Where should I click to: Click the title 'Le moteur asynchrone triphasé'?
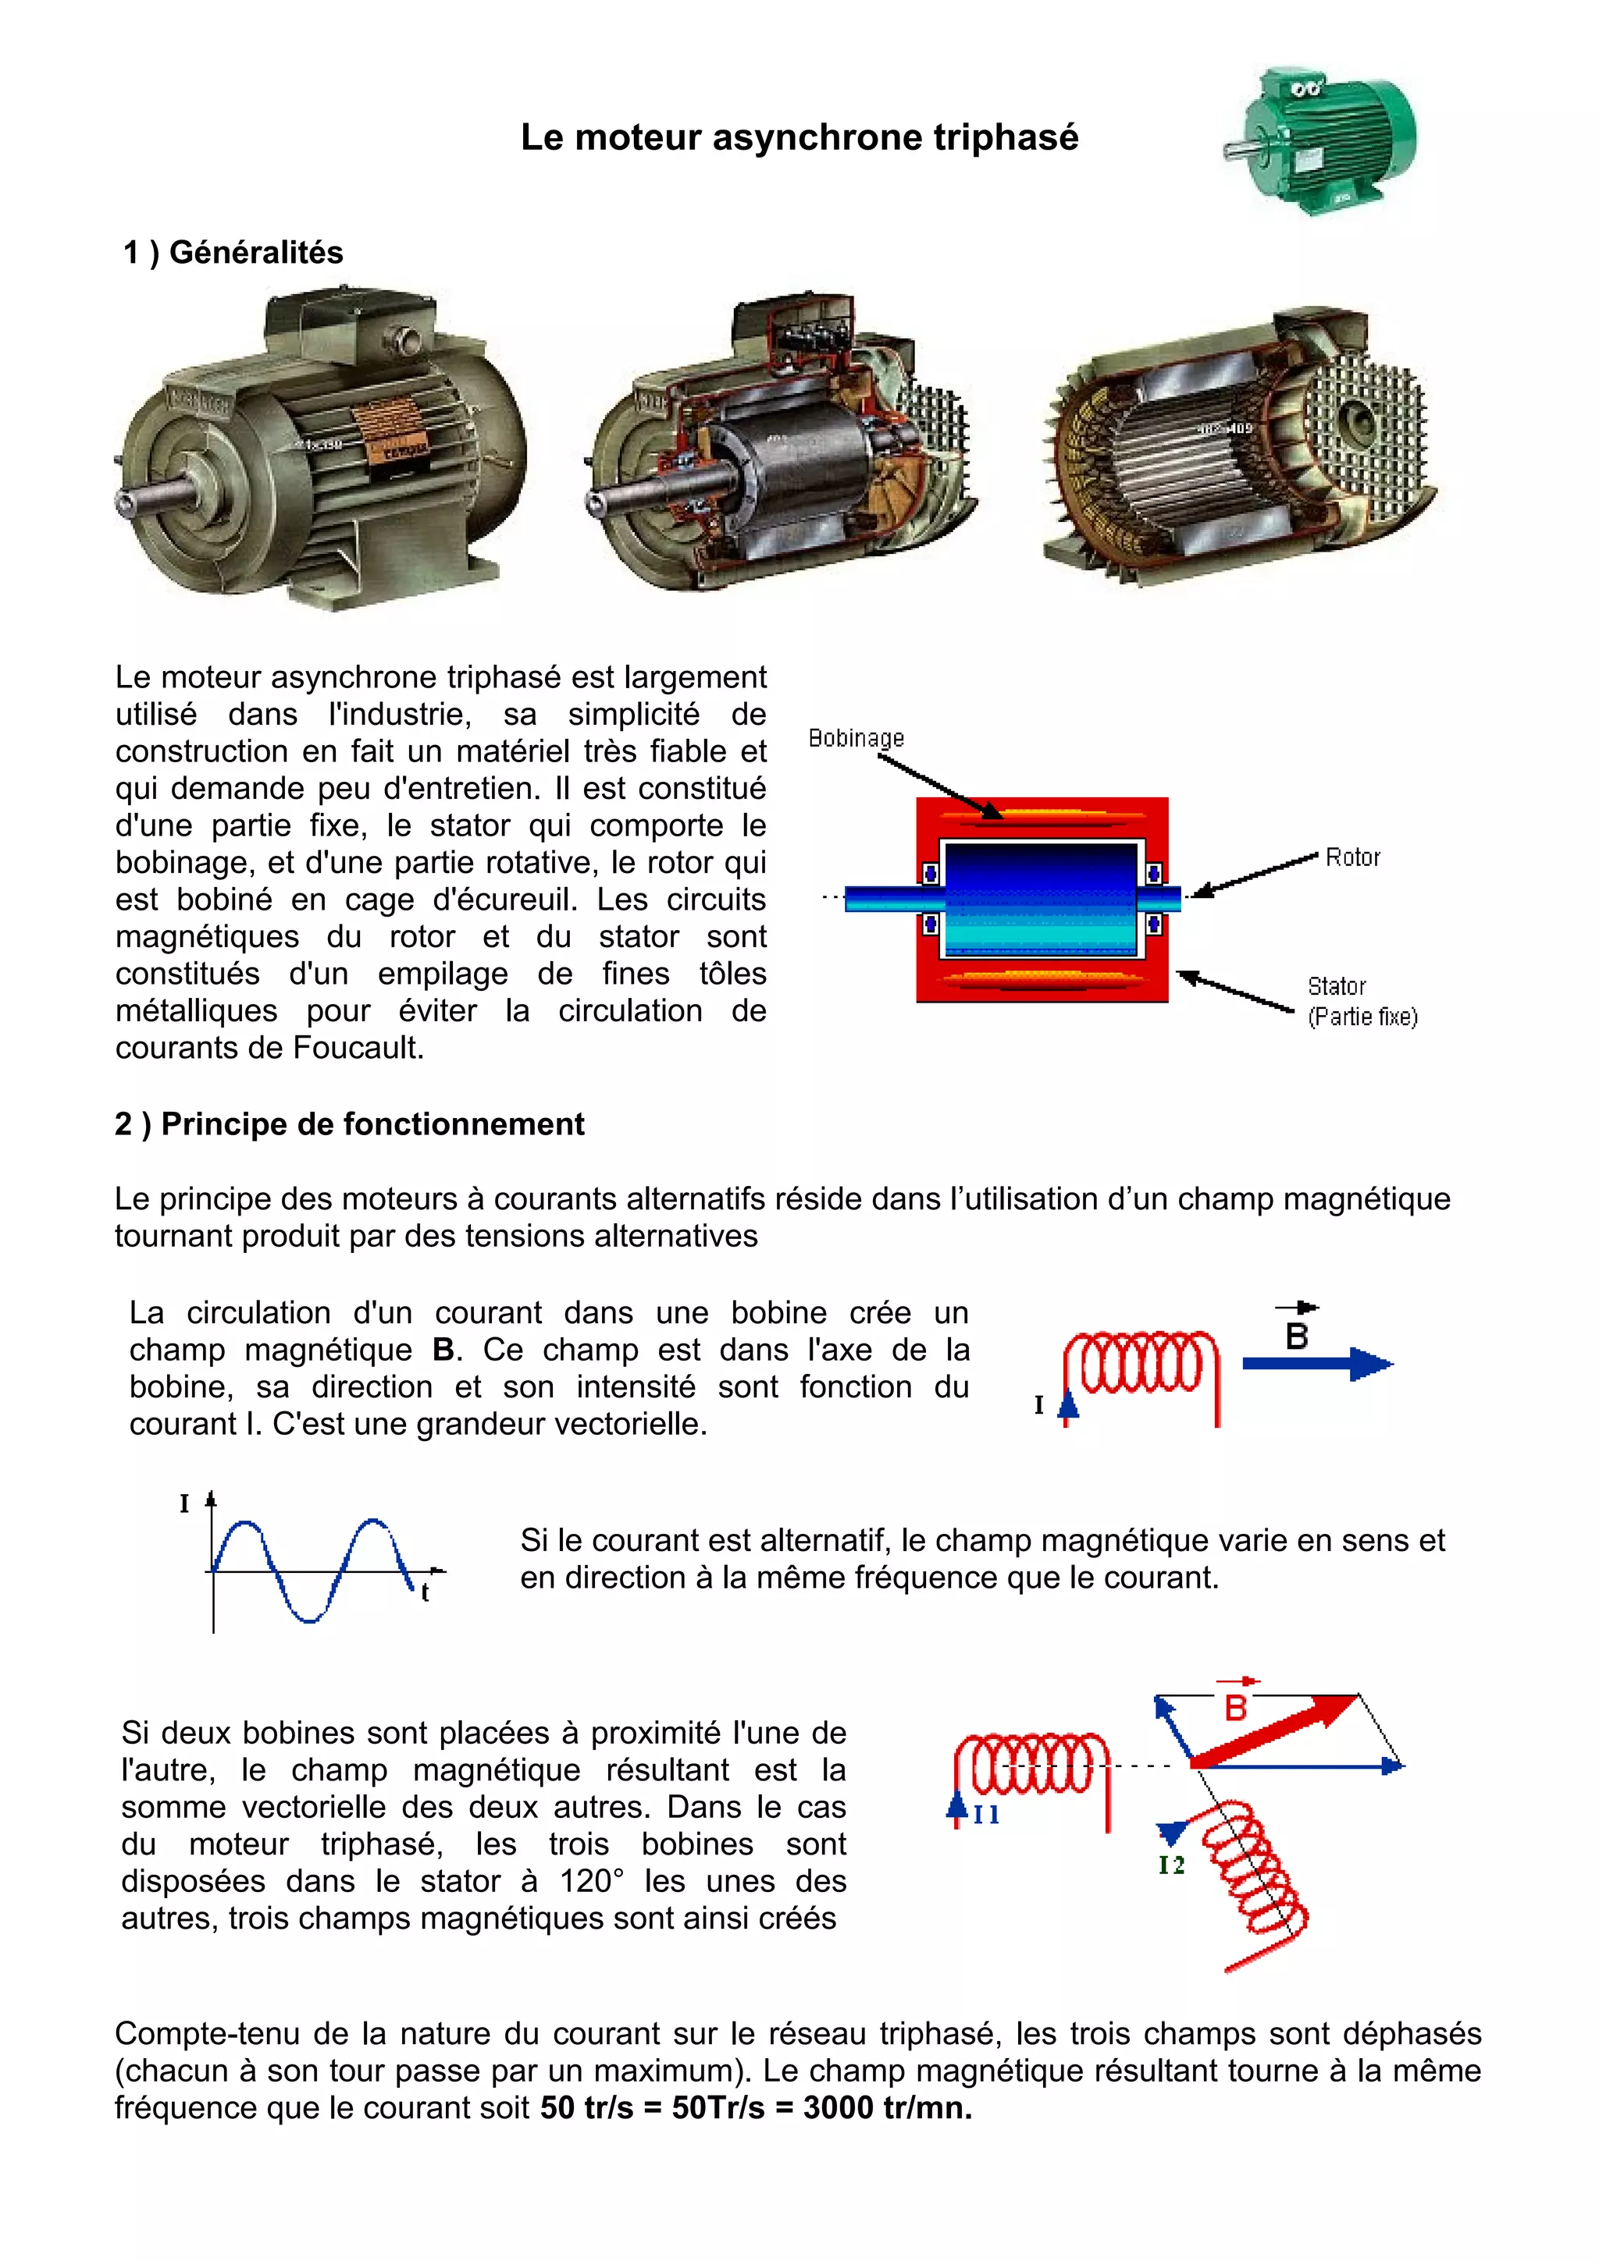pos(799,138)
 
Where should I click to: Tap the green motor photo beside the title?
pos(1320,139)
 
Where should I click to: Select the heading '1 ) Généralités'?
pos(233,253)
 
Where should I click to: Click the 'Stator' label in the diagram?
pos(1336,985)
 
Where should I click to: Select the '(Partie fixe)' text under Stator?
pos(1362,1017)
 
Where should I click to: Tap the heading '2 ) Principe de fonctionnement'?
pos(349,1124)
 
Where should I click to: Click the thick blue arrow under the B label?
pos(1316,1364)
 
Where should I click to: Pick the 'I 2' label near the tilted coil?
pos(1170,1865)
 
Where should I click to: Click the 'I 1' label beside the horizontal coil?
pos(986,1815)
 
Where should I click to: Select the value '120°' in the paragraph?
pos(591,1881)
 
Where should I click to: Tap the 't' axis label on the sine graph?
pos(425,1592)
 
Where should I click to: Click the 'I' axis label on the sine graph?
pos(184,1503)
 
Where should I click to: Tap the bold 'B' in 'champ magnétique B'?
pos(443,1350)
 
